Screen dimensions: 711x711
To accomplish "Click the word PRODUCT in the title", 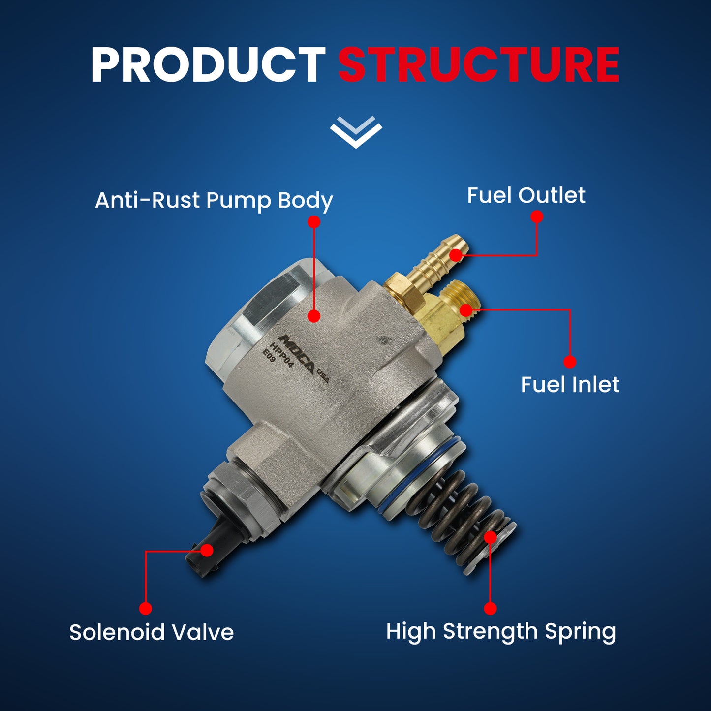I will (208, 65).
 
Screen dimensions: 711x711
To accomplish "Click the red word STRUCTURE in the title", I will (478, 65).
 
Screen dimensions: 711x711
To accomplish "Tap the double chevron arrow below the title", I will (356, 132).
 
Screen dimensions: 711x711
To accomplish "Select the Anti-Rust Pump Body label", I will (214, 200).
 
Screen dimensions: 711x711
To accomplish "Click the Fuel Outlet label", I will (526, 195).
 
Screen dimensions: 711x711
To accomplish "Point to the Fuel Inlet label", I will (570, 384).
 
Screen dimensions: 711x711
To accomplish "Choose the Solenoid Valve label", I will (151, 632).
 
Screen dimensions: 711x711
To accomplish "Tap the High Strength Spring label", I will (500, 631).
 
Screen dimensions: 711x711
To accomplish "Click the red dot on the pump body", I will (314, 316).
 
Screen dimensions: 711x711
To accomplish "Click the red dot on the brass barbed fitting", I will (457, 255).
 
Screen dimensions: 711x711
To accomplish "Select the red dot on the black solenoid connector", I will (207, 550).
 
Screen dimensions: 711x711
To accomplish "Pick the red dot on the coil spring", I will (490, 537).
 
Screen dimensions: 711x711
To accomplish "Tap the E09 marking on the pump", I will (269, 356).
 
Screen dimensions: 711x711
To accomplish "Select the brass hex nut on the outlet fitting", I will (403, 290).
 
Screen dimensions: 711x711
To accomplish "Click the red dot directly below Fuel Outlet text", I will (537, 216).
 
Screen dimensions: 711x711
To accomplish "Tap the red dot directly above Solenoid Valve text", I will (145, 609).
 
